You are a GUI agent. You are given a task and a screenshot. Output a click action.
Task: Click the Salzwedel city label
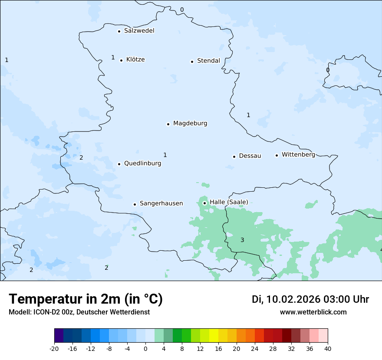pyautogui.click(x=139, y=31)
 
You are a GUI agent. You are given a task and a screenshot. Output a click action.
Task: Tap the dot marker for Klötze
pyautogui.click(x=121, y=60)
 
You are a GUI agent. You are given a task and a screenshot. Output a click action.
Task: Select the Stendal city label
pyautogui.click(x=208, y=61)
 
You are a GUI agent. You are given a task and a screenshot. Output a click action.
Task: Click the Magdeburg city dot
pyautogui.click(x=168, y=124)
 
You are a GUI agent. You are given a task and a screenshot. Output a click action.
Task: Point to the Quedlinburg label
pyautogui.click(x=142, y=164)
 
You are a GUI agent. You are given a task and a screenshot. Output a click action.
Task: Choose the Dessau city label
pyautogui.click(x=250, y=156)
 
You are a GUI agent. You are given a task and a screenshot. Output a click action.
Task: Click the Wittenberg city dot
pyautogui.click(x=277, y=155)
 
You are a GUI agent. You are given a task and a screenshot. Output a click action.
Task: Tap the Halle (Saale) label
pyautogui.click(x=229, y=202)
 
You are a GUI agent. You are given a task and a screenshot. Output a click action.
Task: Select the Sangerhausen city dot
pyautogui.click(x=135, y=204)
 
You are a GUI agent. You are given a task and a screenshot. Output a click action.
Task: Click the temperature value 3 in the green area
pyautogui.click(x=242, y=240)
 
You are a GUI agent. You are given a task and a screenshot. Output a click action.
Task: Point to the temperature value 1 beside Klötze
pyautogui.click(x=113, y=57)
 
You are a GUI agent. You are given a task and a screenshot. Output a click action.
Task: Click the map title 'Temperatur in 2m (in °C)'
pyautogui.click(x=86, y=299)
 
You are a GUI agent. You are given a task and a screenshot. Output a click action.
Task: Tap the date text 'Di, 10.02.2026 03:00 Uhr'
pyautogui.click(x=310, y=299)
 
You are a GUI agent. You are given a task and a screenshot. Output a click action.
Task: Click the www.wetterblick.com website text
pyautogui.click(x=313, y=312)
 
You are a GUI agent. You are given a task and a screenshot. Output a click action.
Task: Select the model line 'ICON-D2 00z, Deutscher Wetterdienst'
pyautogui.click(x=79, y=312)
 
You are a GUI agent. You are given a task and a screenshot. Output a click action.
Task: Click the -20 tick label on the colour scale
pyautogui.click(x=54, y=348)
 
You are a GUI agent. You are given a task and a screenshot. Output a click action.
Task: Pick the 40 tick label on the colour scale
pyautogui.click(x=328, y=348)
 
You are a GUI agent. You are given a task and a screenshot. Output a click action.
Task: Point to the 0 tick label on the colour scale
pyautogui.click(x=145, y=348)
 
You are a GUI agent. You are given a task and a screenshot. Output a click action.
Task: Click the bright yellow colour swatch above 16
pyautogui.click(x=214, y=336)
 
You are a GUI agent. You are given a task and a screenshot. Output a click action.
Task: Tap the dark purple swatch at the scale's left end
pyautogui.click(x=59, y=336)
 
